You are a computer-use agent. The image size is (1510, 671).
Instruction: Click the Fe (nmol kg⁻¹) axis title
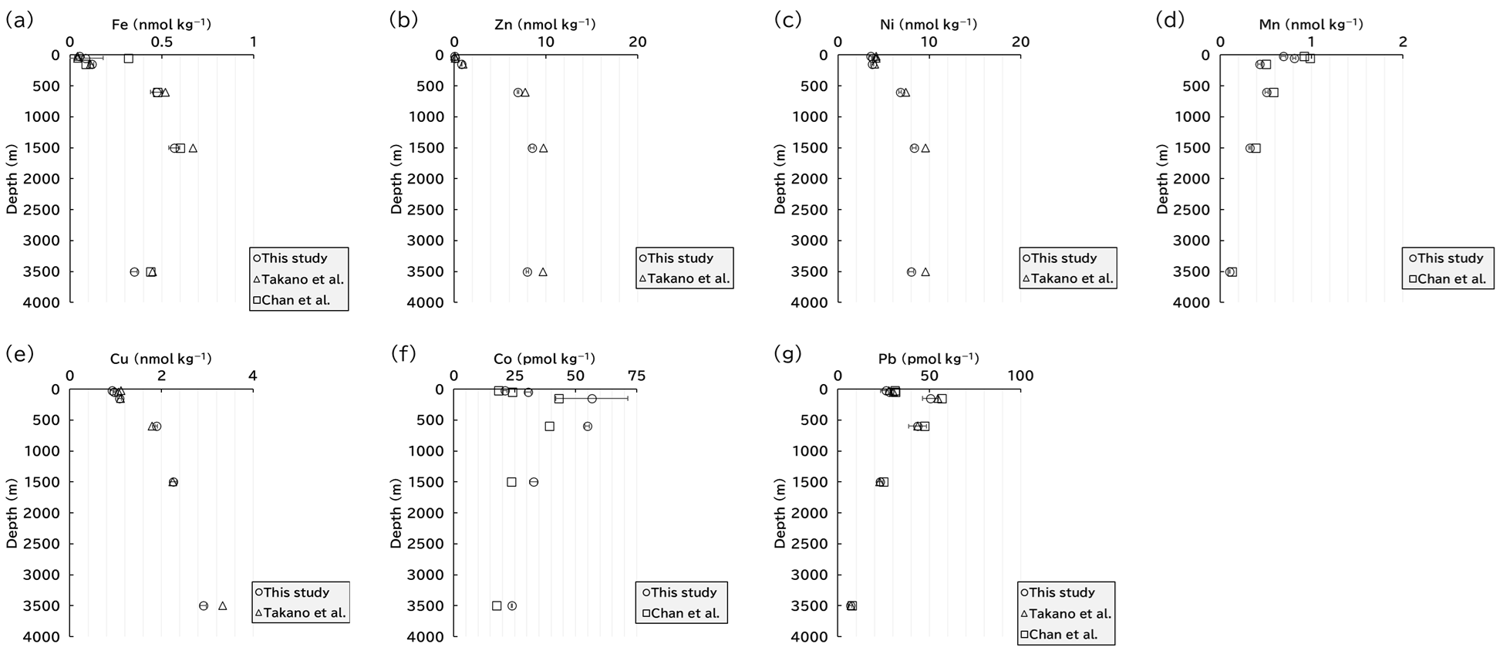coord(161,25)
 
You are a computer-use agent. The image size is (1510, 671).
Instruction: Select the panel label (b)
coord(404,20)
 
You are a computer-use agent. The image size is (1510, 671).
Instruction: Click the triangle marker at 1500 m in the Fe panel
coord(193,148)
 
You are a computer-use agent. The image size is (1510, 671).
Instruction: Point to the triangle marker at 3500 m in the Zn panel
coord(543,271)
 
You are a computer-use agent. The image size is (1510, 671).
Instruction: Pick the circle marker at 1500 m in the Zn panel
coord(532,148)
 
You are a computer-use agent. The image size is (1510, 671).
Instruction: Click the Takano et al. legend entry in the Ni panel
coord(1068,278)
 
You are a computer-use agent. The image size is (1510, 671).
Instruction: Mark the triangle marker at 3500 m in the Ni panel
coord(925,271)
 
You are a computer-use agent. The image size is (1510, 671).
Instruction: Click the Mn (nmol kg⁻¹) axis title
coord(1311,25)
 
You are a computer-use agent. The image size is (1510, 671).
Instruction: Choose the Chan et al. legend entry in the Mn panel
coord(1448,279)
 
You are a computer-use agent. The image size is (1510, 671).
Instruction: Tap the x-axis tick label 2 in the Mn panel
coord(1403,42)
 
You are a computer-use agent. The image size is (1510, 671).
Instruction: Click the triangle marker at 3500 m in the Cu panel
coord(223,605)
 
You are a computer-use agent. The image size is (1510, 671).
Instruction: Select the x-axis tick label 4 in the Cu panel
coord(253,376)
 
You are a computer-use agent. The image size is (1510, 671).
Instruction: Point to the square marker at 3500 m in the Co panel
coord(497,605)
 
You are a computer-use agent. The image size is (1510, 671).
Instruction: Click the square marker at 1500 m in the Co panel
coord(511,482)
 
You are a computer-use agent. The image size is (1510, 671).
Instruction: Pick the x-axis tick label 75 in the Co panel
coord(636,376)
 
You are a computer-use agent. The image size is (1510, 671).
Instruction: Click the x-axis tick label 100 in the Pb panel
coord(1021,376)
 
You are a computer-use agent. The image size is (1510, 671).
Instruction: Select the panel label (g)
coord(788,354)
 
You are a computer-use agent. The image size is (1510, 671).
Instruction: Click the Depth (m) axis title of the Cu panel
coord(12,513)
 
